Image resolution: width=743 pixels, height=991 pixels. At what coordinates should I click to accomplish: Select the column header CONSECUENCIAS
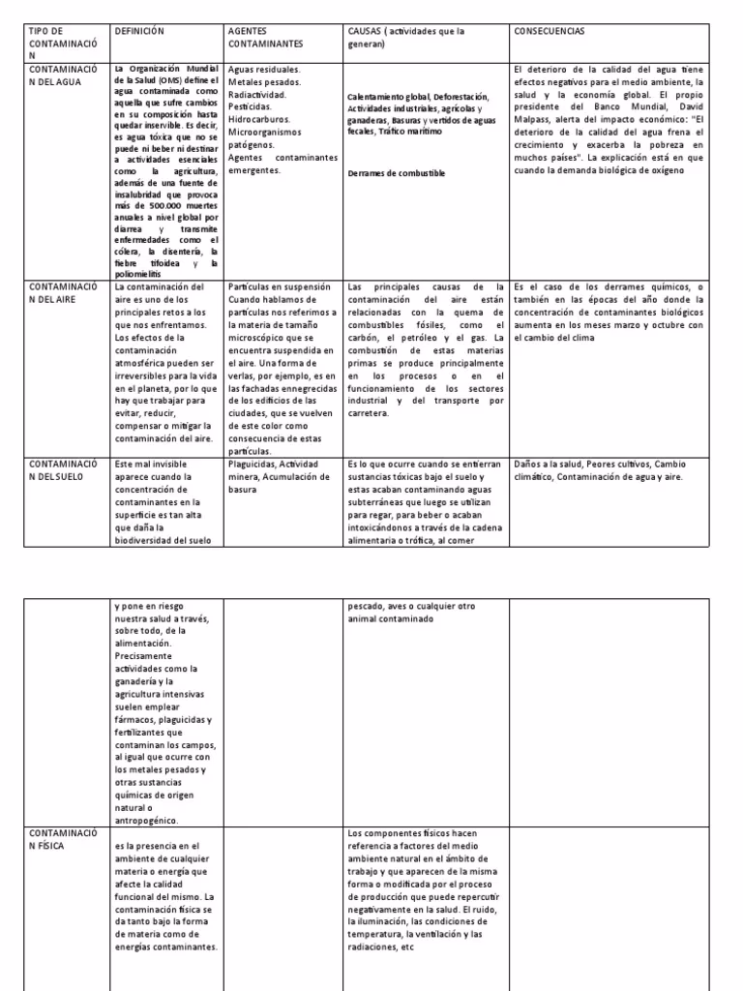[550, 31]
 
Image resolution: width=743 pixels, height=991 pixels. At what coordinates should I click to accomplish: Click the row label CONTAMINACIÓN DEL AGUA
[62, 76]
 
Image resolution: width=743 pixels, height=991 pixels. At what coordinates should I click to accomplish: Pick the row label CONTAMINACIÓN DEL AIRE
[62, 293]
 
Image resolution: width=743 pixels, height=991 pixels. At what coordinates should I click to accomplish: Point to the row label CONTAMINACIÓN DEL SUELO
[62, 470]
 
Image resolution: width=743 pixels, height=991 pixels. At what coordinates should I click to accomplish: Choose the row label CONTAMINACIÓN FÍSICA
[62, 838]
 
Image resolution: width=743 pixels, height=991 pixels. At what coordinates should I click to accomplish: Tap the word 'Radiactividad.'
[258, 95]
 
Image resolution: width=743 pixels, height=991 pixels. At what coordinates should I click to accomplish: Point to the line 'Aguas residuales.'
[263, 70]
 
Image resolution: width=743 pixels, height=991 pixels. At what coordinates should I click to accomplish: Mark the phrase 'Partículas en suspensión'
[280, 287]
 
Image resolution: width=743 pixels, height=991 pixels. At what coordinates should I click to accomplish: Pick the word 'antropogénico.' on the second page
[145, 821]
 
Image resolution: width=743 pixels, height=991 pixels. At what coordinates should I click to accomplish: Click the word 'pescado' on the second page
[365, 607]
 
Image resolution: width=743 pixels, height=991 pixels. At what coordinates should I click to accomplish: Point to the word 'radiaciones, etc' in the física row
[380, 947]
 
